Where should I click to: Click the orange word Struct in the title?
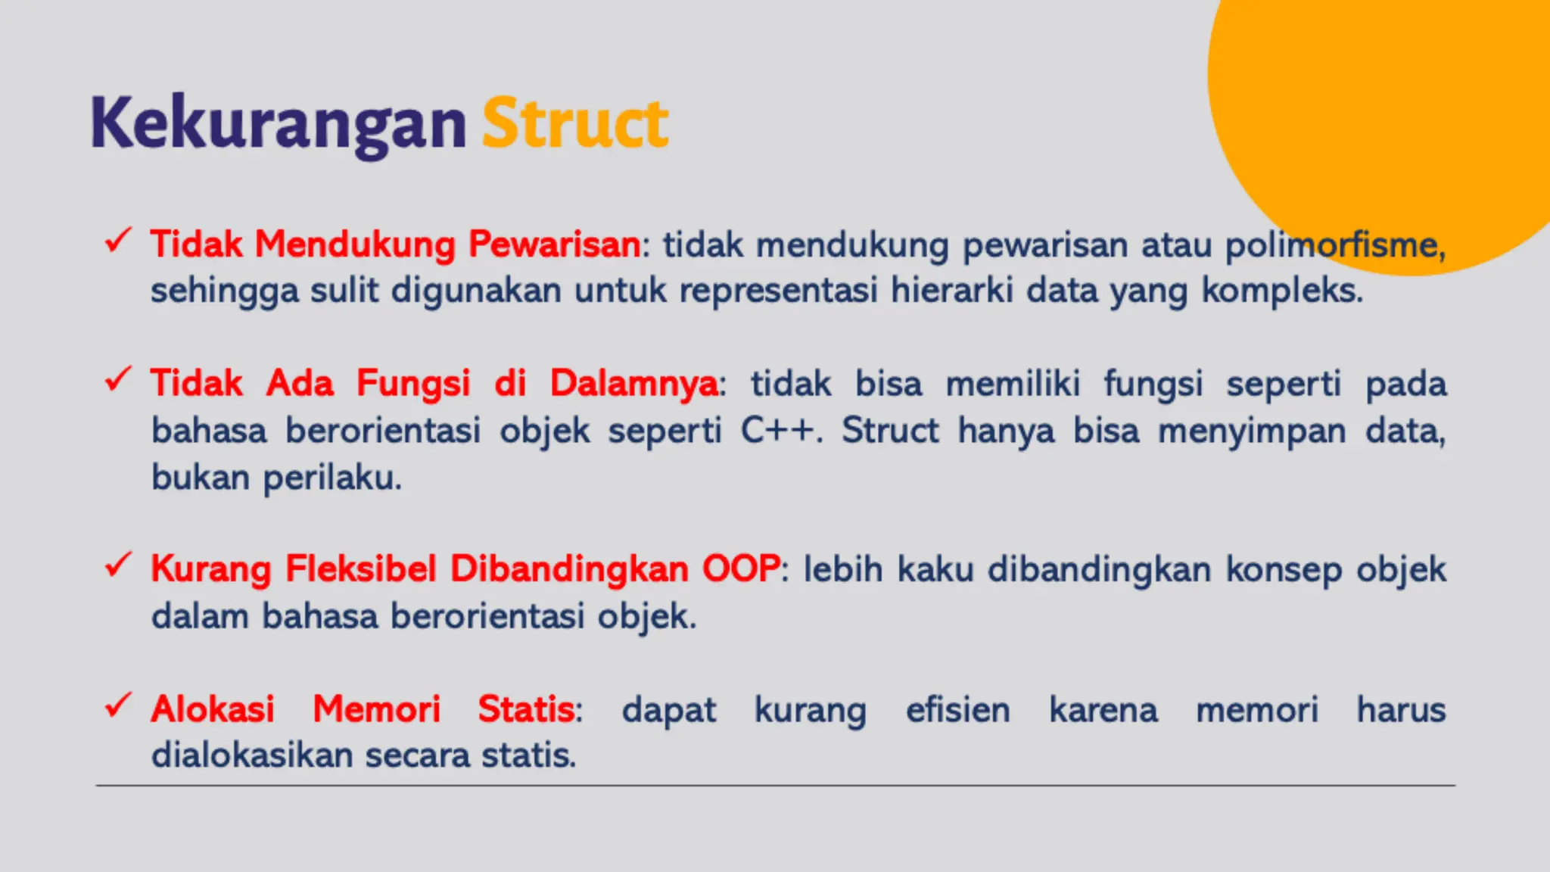(x=575, y=123)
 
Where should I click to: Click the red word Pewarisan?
(x=554, y=244)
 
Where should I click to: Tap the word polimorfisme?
(x=1334, y=245)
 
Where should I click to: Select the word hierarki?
(x=951, y=291)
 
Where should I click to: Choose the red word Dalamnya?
(x=633, y=383)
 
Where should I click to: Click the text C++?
(x=780, y=431)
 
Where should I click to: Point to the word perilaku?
(x=332, y=478)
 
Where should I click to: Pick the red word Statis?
(x=527, y=709)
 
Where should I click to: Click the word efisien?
(x=957, y=710)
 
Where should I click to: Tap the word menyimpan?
(x=1252, y=431)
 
